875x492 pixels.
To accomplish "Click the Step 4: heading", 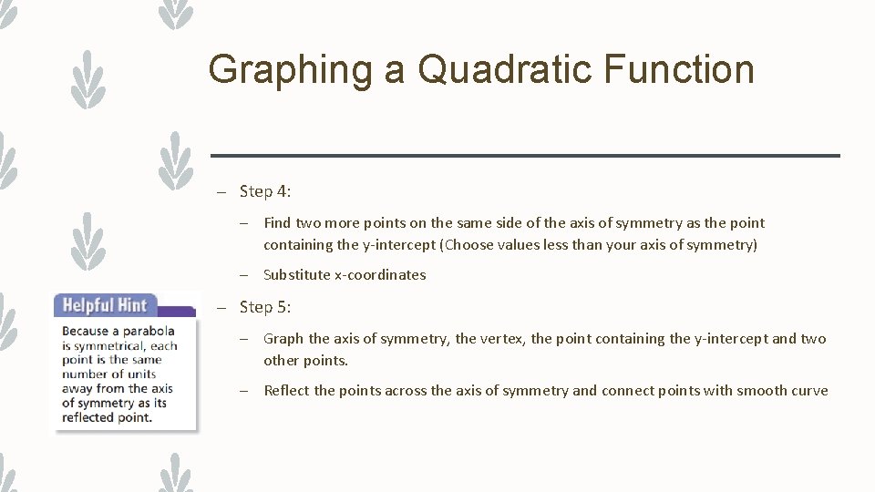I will click(x=265, y=191).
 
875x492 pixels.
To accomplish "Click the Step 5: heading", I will click(x=265, y=307).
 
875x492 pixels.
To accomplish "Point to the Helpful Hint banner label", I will click(x=104, y=305).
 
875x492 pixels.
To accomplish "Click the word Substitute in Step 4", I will click(x=296, y=275).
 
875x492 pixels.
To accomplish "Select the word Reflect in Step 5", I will click(x=286, y=391).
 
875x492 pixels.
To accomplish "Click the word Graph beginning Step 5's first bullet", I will click(x=283, y=339).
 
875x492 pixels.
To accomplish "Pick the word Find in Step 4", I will click(x=278, y=223).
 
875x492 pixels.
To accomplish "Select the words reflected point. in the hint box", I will click(x=107, y=417).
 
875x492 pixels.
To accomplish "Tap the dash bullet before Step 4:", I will click(x=221, y=192).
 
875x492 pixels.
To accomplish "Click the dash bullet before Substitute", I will click(x=246, y=275).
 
